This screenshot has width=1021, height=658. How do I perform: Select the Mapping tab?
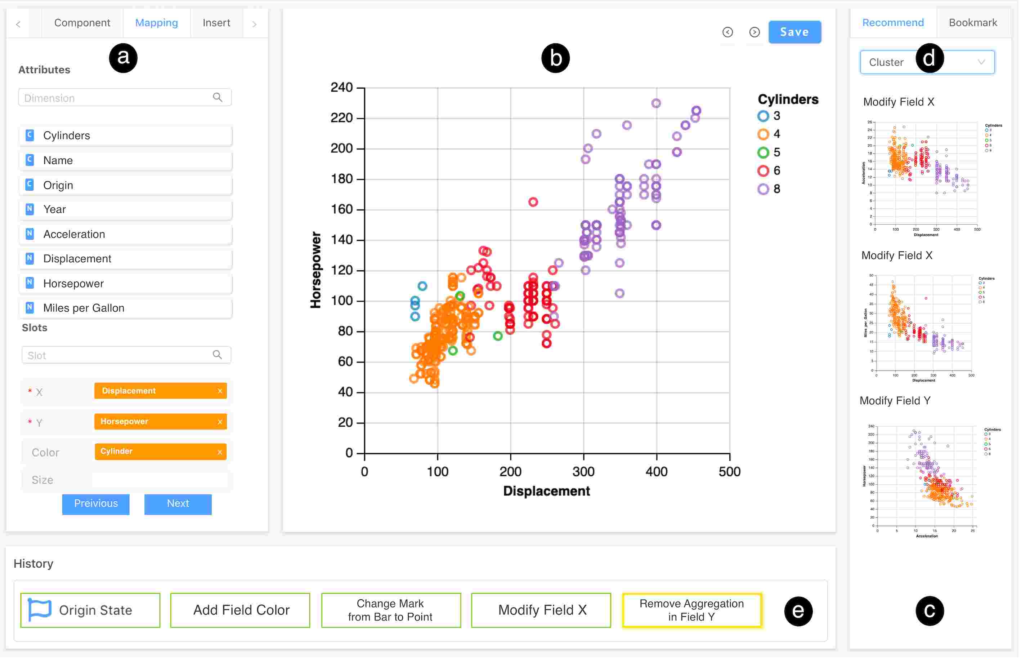tap(157, 23)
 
